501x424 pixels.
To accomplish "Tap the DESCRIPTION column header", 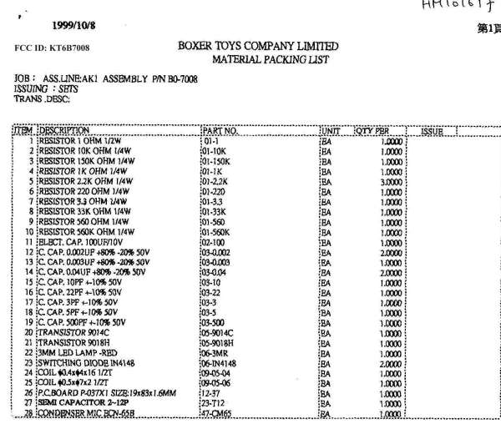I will pos(64,131).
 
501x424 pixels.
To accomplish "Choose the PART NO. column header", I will pos(220,131).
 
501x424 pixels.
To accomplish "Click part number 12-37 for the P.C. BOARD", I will pos(212,390).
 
